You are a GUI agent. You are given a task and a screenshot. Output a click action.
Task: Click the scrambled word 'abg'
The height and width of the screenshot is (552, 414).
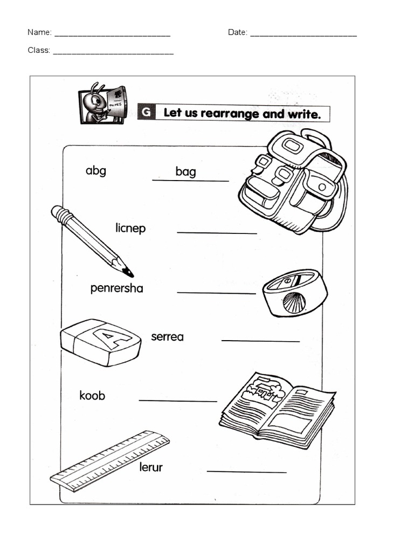coord(95,171)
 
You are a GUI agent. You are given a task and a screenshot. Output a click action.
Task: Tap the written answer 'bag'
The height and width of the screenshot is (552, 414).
coord(185,172)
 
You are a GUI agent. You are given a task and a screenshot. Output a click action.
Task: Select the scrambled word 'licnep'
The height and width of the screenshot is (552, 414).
coord(130,228)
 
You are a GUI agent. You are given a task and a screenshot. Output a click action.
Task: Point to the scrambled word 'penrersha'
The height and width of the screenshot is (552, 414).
coord(116,288)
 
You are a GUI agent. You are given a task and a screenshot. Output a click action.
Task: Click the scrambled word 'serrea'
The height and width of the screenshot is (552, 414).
coord(167,337)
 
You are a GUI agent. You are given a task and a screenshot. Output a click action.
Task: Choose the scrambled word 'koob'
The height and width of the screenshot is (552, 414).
coord(92,396)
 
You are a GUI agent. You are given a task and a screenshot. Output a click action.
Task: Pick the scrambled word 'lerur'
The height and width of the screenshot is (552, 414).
coord(150,467)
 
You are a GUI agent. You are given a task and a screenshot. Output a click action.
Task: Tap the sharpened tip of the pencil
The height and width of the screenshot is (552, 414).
coord(129,272)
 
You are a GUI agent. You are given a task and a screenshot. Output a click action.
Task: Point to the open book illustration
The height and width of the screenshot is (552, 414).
coord(277,409)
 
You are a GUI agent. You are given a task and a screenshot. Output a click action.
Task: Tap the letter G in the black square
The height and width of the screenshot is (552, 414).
coord(146,113)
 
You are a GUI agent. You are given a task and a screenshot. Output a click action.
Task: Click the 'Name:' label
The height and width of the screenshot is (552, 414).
coord(39,32)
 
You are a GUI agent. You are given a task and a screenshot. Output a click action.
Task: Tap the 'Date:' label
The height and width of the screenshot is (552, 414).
coord(237,32)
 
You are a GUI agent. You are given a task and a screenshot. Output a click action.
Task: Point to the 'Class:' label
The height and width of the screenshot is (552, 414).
coord(39,50)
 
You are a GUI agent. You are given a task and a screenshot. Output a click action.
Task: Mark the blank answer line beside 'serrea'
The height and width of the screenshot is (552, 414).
coord(260,341)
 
